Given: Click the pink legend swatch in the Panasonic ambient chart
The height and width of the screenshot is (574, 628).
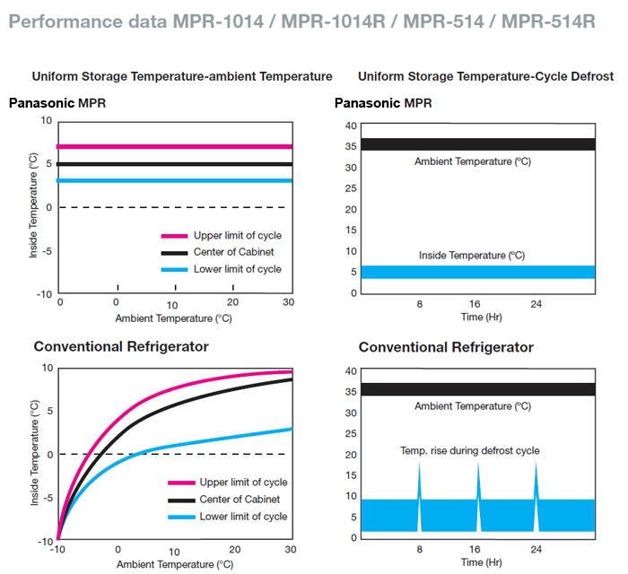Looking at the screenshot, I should click(174, 236).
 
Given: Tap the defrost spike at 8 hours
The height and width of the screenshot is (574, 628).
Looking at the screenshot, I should click(419, 484).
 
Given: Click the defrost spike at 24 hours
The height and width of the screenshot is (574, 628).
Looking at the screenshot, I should click(536, 484).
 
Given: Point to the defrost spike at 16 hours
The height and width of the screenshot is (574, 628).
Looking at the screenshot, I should click(477, 484).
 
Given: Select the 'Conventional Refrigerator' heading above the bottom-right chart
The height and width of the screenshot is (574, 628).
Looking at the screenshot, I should click(446, 347).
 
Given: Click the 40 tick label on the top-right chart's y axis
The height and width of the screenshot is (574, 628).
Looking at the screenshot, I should click(351, 126).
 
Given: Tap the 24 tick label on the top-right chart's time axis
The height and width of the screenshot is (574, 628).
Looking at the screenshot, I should click(536, 304).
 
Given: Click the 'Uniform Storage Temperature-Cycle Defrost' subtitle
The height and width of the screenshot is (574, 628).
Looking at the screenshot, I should click(473, 76).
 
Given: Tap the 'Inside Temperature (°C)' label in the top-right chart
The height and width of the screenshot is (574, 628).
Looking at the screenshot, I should click(472, 256).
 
